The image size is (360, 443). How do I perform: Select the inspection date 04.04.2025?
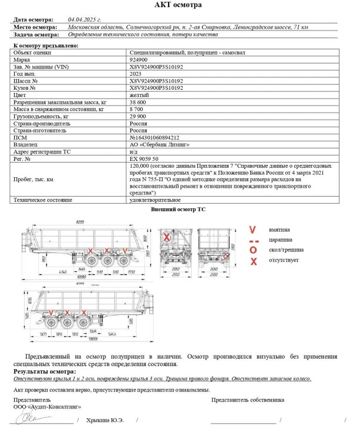[x=85, y=19]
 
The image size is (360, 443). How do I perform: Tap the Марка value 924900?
[x=138, y=59]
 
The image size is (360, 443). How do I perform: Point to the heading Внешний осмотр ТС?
[x=179, y=209]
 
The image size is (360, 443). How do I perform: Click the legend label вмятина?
[x=280, y=229]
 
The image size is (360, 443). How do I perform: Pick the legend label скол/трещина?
[x=284, y=249]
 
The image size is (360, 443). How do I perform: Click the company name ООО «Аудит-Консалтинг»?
[x=47, y=406]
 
